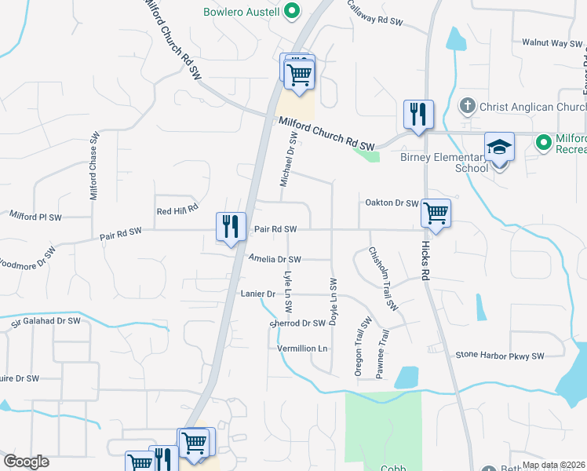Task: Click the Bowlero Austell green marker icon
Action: click(292, 11)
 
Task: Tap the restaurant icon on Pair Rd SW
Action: click(231, 227)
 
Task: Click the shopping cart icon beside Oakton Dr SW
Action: click(435, 212)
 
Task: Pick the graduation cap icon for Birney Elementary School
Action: click(498, 147)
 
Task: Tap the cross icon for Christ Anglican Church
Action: click(467, 106)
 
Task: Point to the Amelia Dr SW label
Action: click(275, 258)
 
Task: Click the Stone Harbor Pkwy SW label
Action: click(500, 356)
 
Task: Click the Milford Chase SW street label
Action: click(93, 165)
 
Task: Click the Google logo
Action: click(26, 462)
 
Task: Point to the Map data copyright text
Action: click(554, 465)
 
